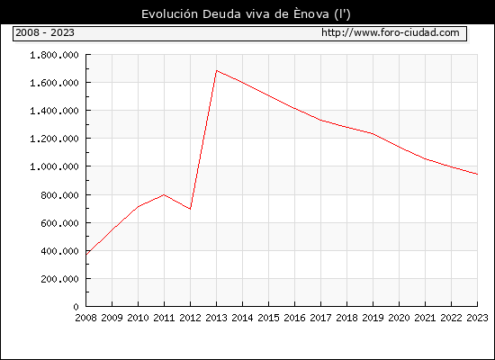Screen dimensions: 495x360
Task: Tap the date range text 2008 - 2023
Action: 45,32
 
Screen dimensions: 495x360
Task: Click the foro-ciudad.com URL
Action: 391,32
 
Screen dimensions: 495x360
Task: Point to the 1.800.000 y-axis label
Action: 54,55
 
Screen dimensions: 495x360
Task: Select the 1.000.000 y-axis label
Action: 54,166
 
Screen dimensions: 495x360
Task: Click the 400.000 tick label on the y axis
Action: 59,251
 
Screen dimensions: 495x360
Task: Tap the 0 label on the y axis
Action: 76,307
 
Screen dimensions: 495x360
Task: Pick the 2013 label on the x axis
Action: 216,318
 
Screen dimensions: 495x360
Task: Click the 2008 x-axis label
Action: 85,318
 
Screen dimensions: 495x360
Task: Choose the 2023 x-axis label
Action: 477,318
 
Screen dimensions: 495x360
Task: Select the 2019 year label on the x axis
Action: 373,318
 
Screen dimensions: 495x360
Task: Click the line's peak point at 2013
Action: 217,70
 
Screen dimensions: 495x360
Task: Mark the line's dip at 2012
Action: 190,209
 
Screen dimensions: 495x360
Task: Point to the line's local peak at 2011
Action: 164,194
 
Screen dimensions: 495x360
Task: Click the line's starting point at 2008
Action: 86,254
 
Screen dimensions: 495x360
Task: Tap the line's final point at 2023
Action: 477,174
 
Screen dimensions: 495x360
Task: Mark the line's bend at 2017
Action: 320,120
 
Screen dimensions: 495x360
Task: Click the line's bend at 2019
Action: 373,133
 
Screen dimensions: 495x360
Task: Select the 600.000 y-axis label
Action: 59,223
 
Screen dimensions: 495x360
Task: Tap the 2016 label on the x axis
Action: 294,318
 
